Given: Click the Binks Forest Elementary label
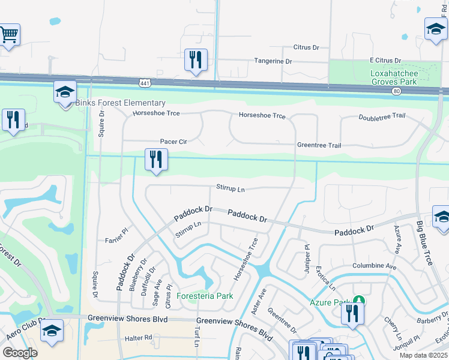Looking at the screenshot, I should pos(120,103).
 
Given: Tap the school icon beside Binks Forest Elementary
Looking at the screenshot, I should pos(65,92).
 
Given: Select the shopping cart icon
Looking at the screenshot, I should pos(8,35).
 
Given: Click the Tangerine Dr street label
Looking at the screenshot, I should pos(273,61).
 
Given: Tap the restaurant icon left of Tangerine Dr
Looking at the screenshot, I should pos(196,60).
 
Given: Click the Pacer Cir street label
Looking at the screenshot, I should pos(173,142).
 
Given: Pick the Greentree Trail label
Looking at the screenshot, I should pos(319,145).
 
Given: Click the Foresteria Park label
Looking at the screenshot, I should pos(205,296).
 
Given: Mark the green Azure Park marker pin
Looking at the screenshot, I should pos(358,299).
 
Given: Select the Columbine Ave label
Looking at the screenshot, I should pos(375,266).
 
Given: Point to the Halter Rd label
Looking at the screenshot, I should pos(139,338).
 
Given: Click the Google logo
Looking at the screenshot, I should pos(20,352).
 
